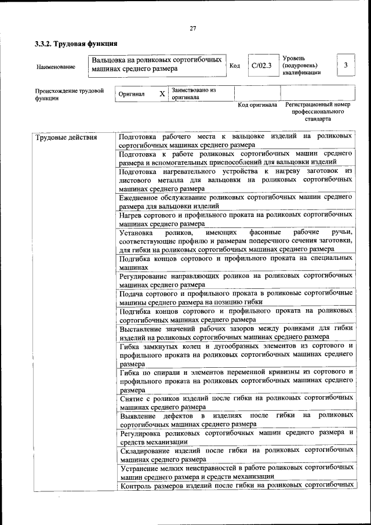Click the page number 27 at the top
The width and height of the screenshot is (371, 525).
point(193,28)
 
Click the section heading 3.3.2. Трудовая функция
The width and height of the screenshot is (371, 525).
point(76,44)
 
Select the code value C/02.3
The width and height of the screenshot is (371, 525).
point(261,66)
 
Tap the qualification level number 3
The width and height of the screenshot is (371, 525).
point(345,65)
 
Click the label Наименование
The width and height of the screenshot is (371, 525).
point(56,67)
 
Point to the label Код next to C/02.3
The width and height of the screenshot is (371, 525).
point(235,66)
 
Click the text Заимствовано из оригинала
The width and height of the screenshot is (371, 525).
point(194,93)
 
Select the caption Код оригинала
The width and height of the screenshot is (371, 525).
point(257,105)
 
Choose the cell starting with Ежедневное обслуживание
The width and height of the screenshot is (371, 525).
point(235,201)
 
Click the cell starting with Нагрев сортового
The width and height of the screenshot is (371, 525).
point(235,219)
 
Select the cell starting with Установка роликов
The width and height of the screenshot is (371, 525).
point(235,240)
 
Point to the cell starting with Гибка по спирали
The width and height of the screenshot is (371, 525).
point(235,381)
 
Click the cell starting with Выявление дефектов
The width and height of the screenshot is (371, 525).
point(235,419)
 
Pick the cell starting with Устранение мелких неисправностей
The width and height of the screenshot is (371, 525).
point(235,472)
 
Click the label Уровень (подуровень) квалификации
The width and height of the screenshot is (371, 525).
point(301,66)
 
